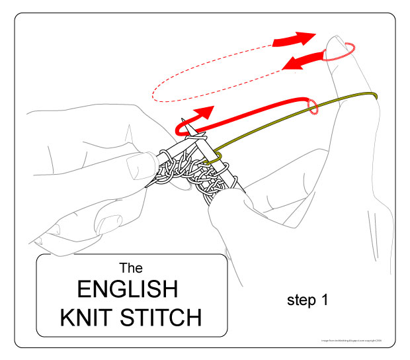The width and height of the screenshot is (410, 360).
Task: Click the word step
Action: [x=302, y=300]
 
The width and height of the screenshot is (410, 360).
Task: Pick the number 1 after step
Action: [x=325, y=299]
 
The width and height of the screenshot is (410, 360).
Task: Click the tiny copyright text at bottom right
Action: [x=346, y=341]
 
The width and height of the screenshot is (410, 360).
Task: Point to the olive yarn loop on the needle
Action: [x=212, y=158]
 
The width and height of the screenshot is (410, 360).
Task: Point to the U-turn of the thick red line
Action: [x=179, y=126]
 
